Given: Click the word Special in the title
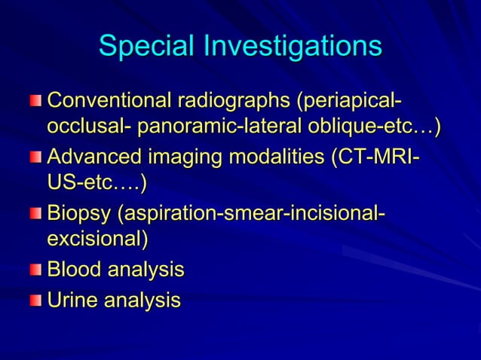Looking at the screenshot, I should point(146,47).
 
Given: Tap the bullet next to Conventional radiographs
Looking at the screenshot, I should point(37,100).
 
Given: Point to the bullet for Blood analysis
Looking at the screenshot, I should point(37,270).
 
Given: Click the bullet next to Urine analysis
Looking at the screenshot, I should point(37,301).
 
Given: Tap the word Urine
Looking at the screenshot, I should point(72,301).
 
